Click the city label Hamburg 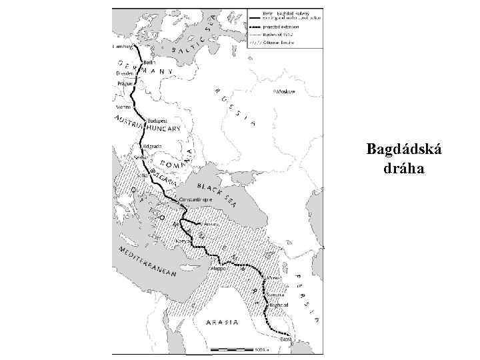tap(122, 47)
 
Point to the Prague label tap(125, 84)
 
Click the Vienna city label tap(123, 107)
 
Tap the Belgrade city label tap(153, 146)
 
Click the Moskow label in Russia tap(288, 93)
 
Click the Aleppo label tap(219, 268)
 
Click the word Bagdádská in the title tap(403, 149)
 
